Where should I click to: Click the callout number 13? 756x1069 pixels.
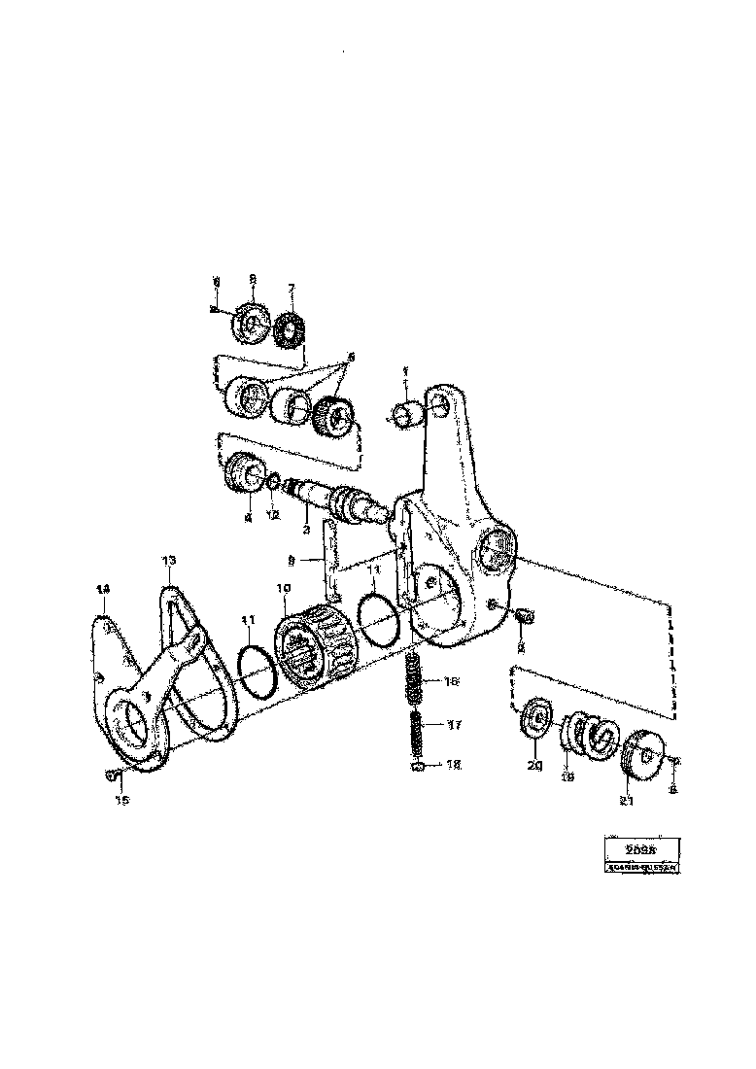[169, 561]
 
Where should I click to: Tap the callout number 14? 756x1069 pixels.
[102, 590]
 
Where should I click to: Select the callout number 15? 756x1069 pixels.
[121, 801]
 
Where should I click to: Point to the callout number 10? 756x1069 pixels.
[283, 589]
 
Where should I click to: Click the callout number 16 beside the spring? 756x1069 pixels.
[450, 683]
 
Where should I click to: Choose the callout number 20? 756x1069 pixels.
[535, 765]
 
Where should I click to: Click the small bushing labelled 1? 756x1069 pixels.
[409, 413]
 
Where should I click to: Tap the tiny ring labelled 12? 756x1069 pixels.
[275, 480]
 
